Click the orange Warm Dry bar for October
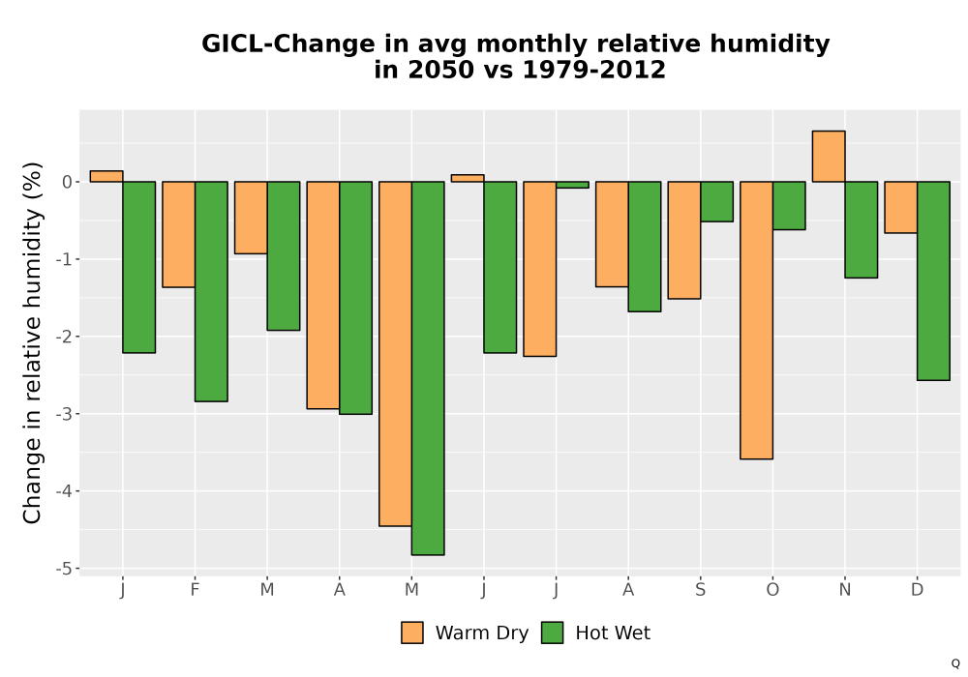pyautogui.click(x=756, y=320)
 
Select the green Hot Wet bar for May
pyautogui.click(x=428, y=368)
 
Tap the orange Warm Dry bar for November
pyautogui.click(x=829, y=156)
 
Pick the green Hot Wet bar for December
pyautogui.click(x=933, y=280)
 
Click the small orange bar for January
pyautogui.click(x=106, y=176)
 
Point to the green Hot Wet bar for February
pyautogui.click(x=211, y=292)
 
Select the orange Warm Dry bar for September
pyautogui.click(x=684, y=240)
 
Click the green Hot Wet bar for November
pyautogui.click(x=862, y=229)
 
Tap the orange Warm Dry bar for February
pyautogui.click(x=178, y=234)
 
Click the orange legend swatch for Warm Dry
pyautogui.click(x=412, y=633)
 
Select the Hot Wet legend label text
pyautogui.click(x=613, y=633)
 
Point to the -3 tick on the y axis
pyautogui.click(x=64, y=414)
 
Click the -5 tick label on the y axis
pyautogui.click(x=64, y=569)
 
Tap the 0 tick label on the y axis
pyautogui.click(x=68, y=182)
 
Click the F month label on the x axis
pyautogui.click(x=195, y=590)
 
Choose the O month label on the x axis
pyautogui.click(x=772, y=590)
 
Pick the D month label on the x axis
pyautogui.click(x=917, y=590)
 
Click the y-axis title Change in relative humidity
pyautogui.click(x=32, y=342)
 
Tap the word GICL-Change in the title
pyautogui.click(x=287, y=44)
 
